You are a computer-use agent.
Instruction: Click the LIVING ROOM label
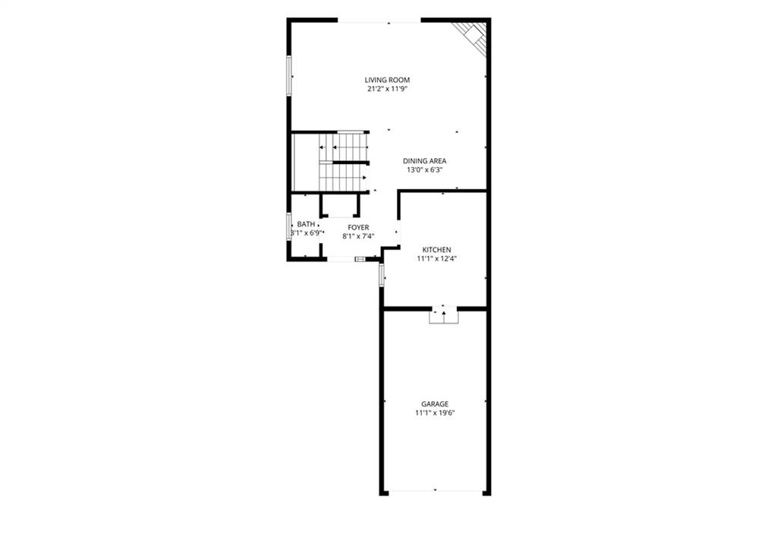387,80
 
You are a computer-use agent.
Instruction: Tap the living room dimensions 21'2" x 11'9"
387,90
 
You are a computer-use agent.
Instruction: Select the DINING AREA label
424,161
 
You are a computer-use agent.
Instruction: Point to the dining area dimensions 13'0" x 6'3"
424,169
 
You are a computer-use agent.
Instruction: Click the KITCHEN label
436,250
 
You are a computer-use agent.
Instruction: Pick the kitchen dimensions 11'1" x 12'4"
436,258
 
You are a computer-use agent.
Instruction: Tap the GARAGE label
435,404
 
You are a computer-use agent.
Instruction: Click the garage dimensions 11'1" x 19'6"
435,413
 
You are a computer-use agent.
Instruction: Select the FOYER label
358,227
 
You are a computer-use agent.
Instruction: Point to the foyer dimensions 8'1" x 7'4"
358,236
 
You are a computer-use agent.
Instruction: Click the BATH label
306,224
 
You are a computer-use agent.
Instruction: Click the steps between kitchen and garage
443,315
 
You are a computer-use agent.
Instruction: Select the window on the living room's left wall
288,75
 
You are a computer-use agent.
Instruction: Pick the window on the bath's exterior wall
288,226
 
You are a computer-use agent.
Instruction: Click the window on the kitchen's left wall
382,274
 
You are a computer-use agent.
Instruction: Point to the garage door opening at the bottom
435,492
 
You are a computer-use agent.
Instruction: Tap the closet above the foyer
340,205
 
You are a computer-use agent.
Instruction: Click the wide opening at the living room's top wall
379,21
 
